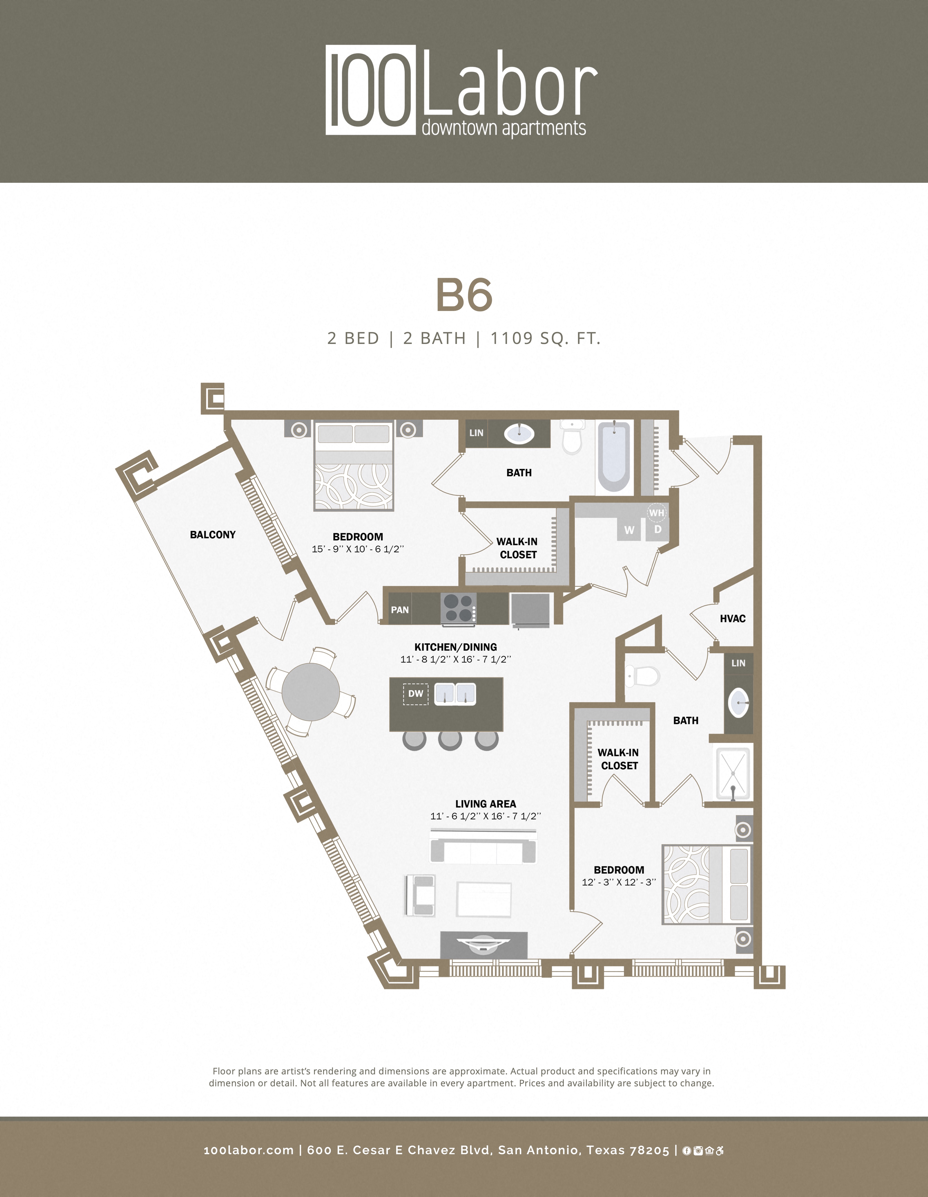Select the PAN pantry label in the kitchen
pyautogui.click(x=400, y=609)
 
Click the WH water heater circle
pyautogui.click(x=657, y=513)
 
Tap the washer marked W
pyautogui.click(x=629, y=530)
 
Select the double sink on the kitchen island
pyautogui.click(x=455, y=694)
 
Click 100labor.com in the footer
pyautogui.click(x=248, y=1150)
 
